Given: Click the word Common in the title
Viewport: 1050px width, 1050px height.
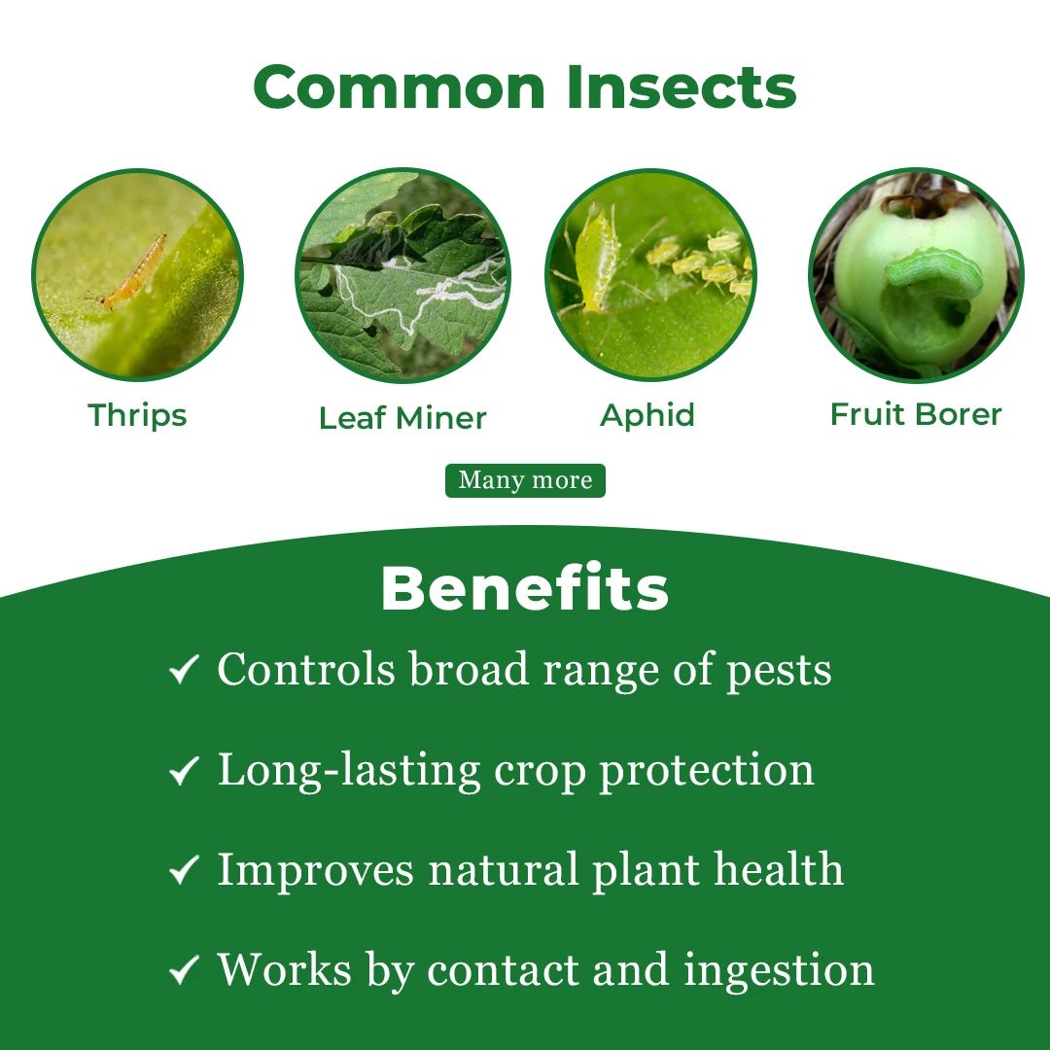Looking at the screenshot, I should pos(400,87).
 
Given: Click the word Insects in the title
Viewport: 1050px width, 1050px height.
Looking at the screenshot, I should pos(682,87).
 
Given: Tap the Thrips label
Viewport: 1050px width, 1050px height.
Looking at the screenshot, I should pos(137,415).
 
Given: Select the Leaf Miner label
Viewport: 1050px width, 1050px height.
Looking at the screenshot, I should pos(402,418).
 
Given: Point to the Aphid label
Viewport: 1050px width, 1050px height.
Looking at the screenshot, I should pos(647,415).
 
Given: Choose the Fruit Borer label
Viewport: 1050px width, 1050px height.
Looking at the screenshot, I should pos(916,414).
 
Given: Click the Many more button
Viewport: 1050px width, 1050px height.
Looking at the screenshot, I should pos(525,480).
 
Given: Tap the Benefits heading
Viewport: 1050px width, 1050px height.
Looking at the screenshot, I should pos(525,589).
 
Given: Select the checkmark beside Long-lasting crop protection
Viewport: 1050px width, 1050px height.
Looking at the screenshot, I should pos(183,770).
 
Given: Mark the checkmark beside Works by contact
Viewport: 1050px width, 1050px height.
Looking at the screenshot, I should pos(183,969).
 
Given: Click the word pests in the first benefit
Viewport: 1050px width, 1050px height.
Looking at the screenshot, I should pos(780,671).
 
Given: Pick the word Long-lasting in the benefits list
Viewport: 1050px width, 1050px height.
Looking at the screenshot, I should pos(348,771).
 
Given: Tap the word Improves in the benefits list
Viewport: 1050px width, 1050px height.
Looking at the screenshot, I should pos(315,870).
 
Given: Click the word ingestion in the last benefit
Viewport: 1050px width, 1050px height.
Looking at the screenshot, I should pos(779,971).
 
